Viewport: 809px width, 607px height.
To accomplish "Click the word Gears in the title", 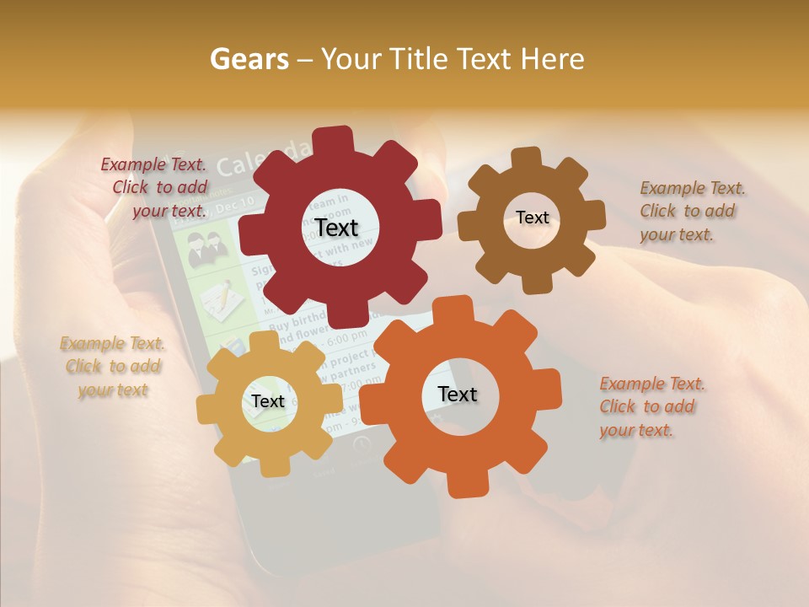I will (249, 59).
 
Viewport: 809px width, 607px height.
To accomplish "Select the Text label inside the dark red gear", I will (337, 228).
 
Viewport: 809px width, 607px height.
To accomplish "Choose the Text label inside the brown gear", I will (533, 218).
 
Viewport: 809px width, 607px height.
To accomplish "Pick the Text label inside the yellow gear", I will (268, 401).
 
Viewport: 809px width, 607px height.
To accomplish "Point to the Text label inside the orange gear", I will (458, 394).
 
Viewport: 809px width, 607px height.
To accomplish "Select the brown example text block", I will (692, 211).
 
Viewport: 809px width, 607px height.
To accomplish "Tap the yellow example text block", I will (113, 367).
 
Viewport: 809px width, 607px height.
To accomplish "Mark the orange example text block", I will (652, 406).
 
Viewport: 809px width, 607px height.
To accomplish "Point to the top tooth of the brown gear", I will (526, 157).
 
